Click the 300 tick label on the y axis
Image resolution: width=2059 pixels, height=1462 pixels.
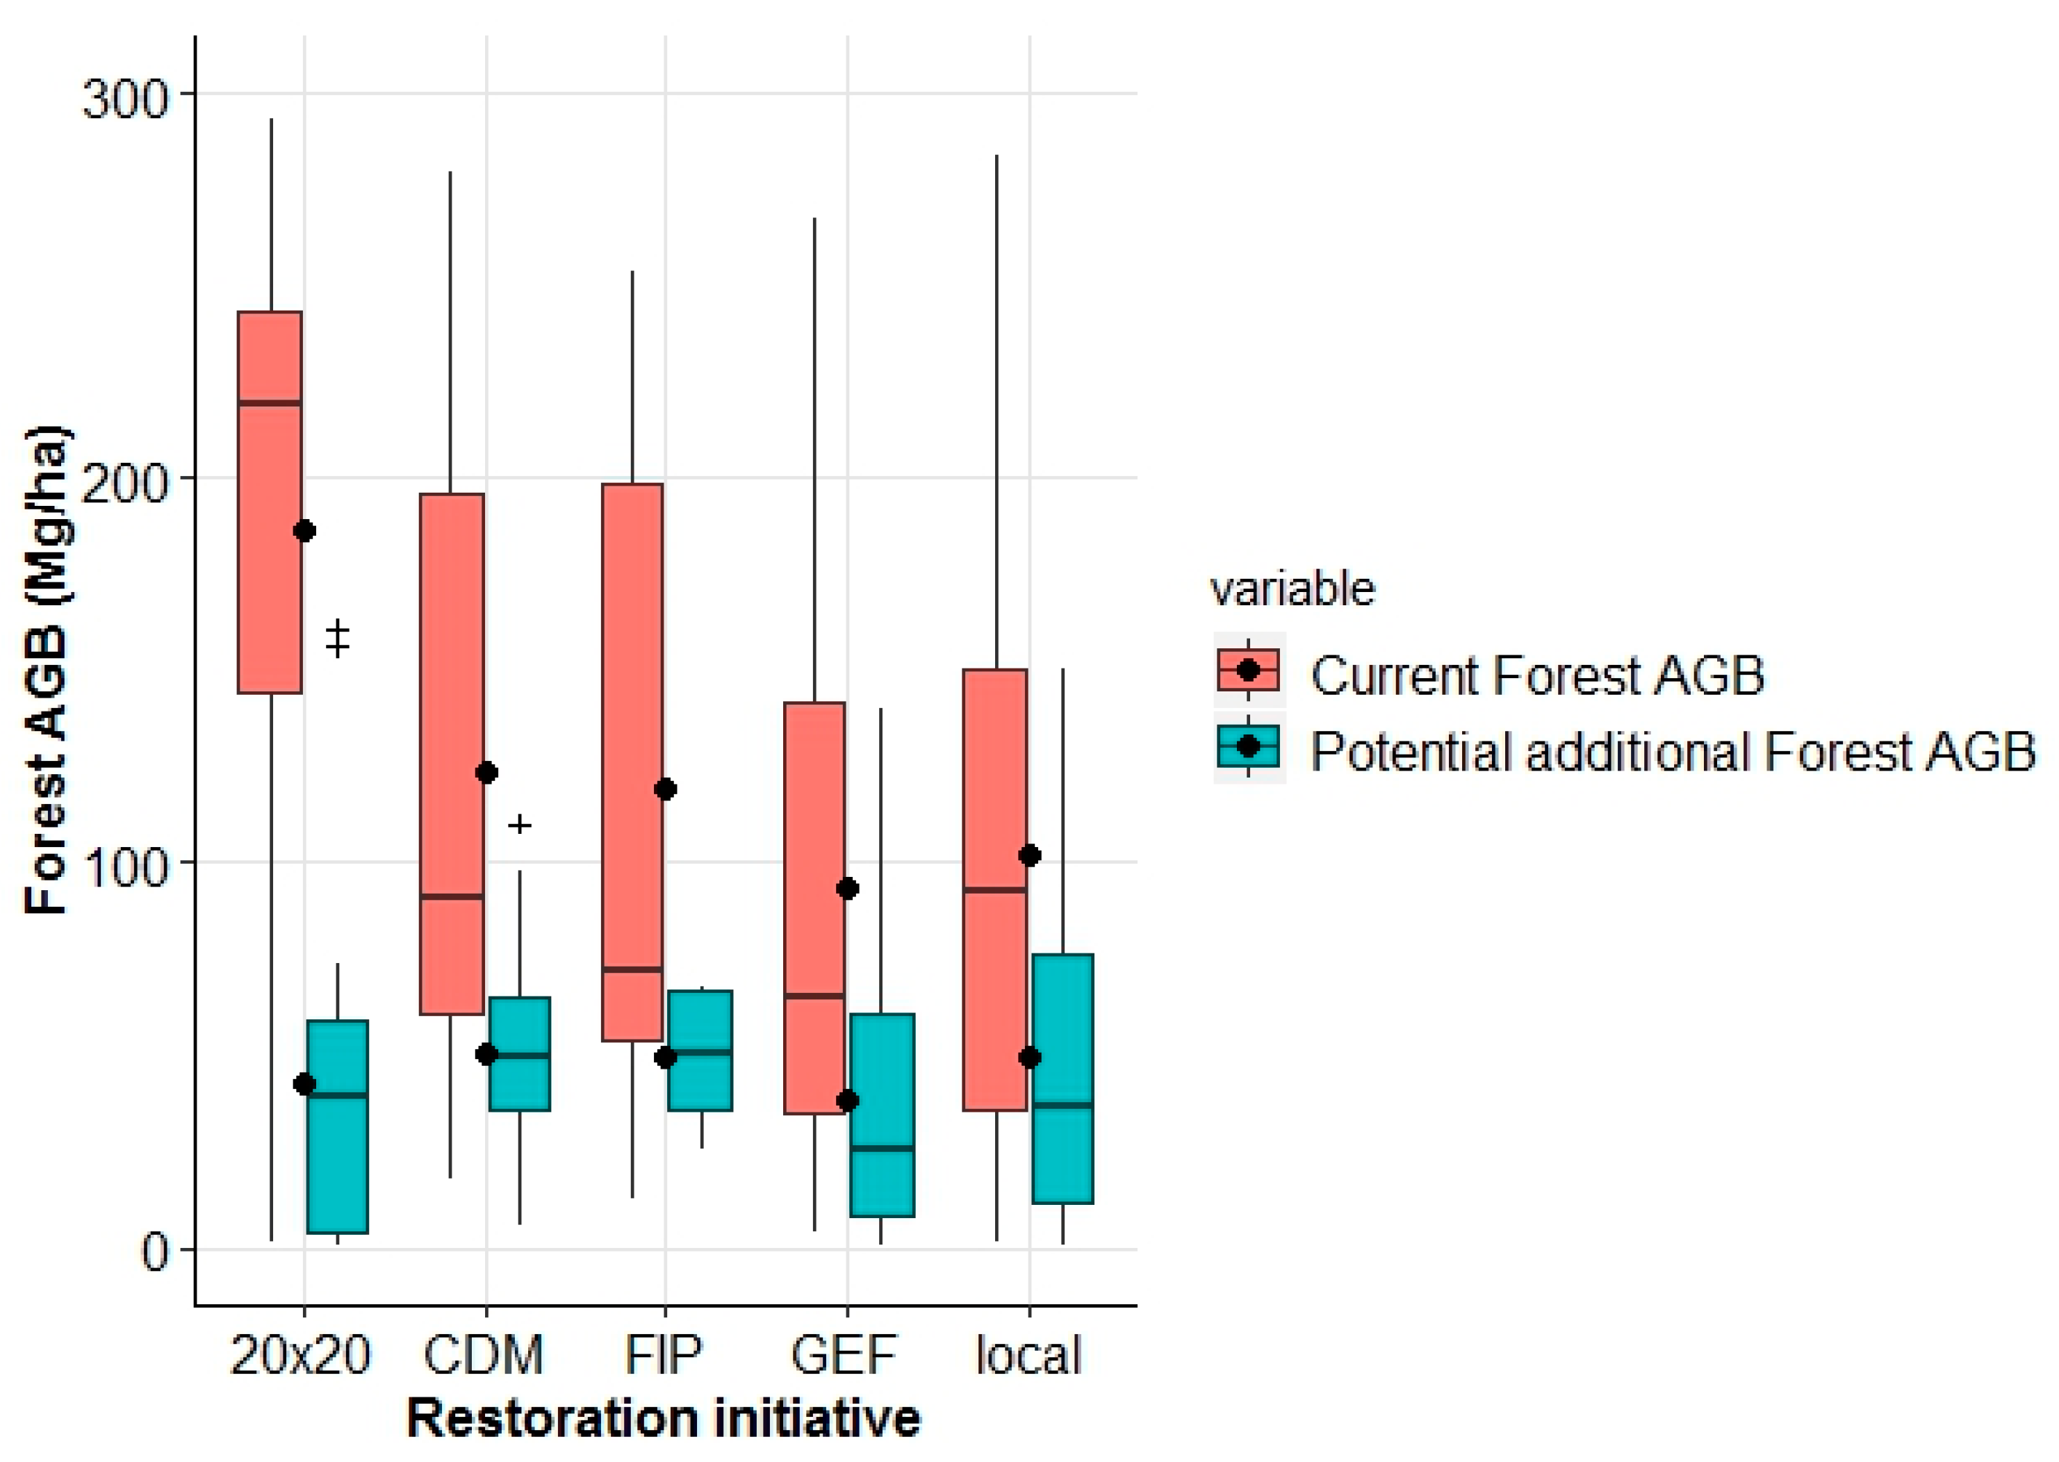click(125, 97)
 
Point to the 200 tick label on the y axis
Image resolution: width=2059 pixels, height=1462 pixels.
click(125, 482)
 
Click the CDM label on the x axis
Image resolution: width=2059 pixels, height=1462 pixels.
click(484, 1356)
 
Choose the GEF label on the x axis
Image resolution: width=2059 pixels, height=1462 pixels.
click(844, 1356)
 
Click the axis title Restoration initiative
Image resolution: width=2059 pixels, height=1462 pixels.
click(664, 1419)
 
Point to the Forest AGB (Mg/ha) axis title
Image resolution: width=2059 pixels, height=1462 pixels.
click(47, 671)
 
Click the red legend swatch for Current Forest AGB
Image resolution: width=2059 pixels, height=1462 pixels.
click(1248, 671)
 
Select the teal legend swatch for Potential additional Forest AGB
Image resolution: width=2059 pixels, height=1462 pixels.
click(1248, 746)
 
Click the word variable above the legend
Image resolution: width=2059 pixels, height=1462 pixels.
click(1292, 591)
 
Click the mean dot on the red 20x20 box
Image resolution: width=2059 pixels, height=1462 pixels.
click(304, 531)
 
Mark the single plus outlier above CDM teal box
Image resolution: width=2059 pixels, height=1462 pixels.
click(520, 825)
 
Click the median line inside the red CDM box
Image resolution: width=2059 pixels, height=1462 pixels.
click(452, 896)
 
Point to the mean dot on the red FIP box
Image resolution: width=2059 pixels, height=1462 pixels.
click(665, 789)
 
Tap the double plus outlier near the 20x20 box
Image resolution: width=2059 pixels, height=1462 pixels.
click(338, 639)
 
